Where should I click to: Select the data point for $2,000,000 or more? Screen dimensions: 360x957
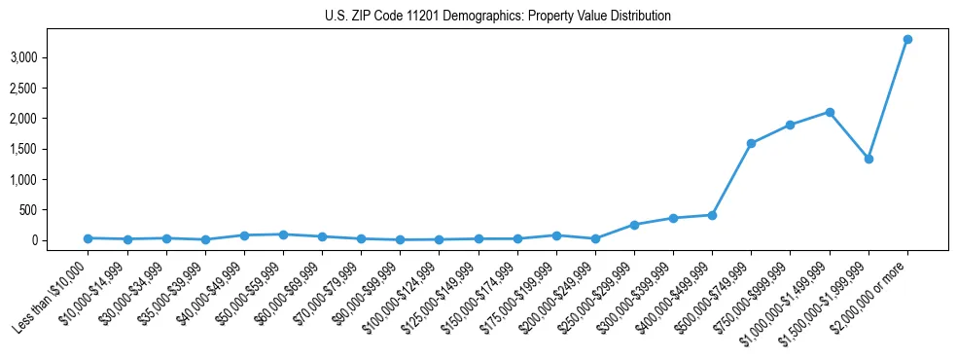[x=907, y=39]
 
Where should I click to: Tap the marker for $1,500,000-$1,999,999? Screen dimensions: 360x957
[x=868, y=159]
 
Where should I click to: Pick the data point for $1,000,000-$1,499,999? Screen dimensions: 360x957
[x=830, y=112]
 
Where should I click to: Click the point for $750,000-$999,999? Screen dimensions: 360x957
[x=790, y=125]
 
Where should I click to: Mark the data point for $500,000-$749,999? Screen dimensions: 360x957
[x=751, y=143]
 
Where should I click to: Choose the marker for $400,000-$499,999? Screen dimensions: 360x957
[x=712, y=215]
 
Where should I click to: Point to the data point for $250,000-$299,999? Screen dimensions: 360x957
[x=634, y=225]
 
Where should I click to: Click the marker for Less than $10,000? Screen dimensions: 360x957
[x=89, y=238]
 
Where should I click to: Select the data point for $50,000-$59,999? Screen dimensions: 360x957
[x=283, y=234]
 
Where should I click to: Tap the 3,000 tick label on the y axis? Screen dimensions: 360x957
[x=36, y=58]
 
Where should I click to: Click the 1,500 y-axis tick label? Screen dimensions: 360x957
[x=36, y=150]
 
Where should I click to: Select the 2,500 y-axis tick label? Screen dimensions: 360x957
[x=36, y=89]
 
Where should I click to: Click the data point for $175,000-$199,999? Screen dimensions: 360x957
[x=556, y=235]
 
